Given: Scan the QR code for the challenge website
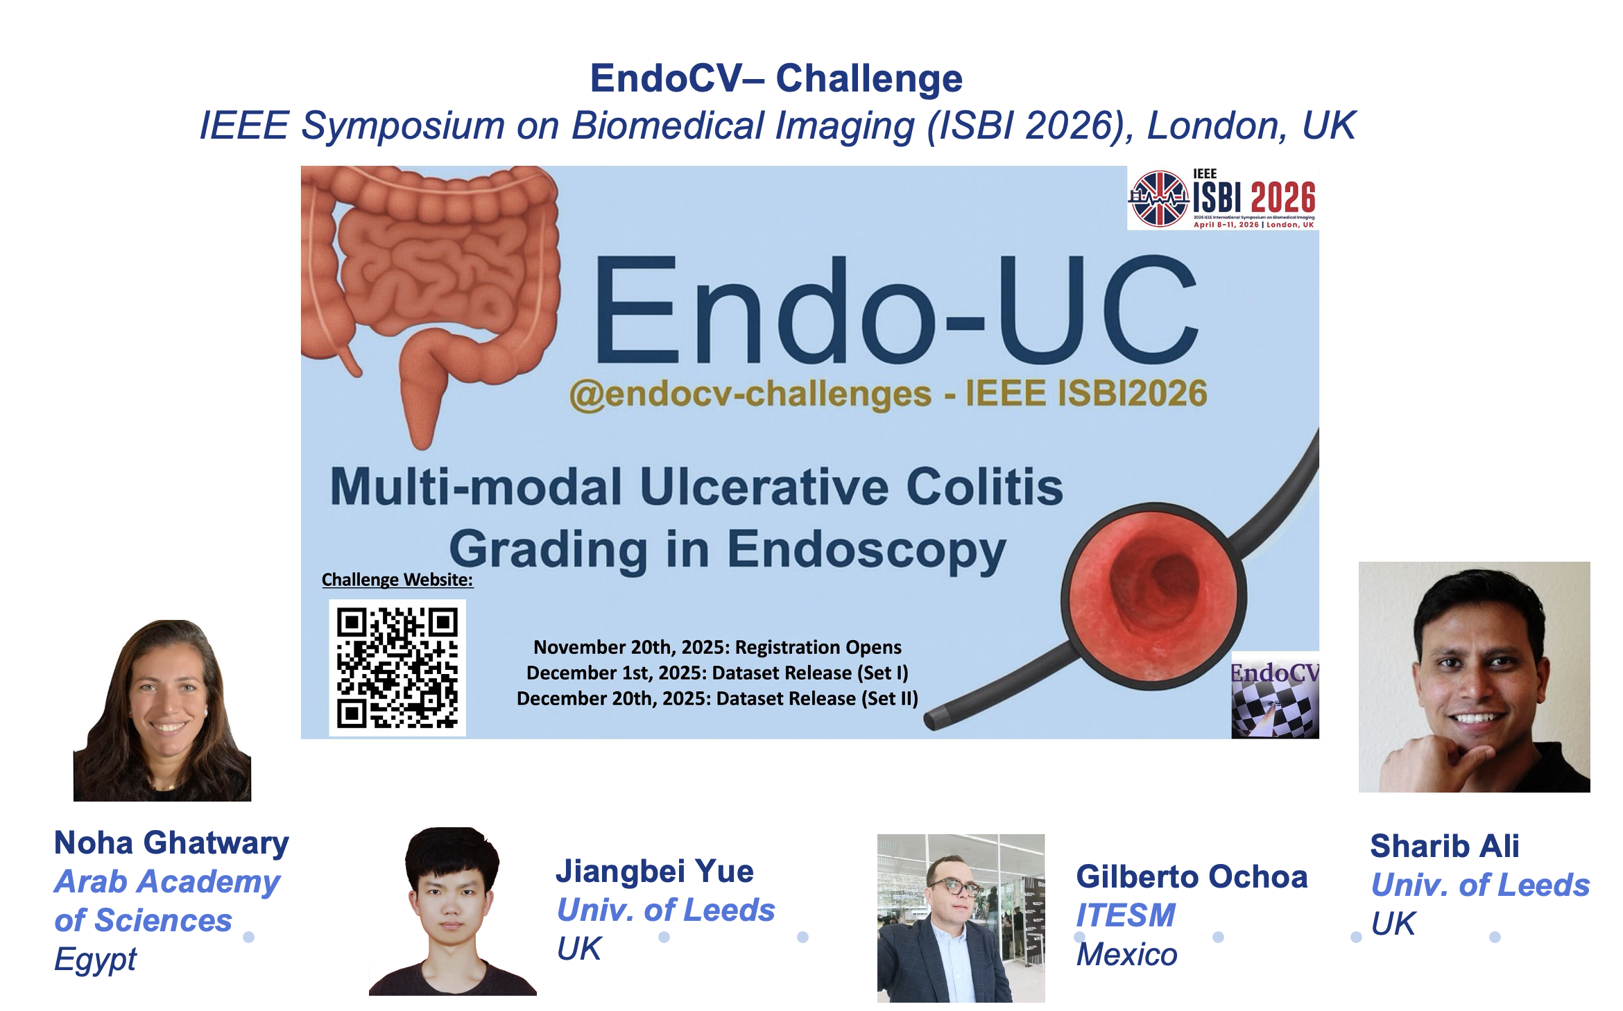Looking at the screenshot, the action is coord(397,668).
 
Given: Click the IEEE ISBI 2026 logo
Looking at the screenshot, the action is coord(1223,198).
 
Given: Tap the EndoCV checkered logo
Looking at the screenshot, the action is coord(1275,695).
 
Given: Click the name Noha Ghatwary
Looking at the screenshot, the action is coord(171,843).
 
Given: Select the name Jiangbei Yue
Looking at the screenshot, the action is coord(655,871).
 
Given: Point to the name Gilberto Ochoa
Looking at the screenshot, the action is coord(1192,876).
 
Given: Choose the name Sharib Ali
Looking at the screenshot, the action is coord(1445,846).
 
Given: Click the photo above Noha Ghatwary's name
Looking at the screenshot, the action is coord(162,711).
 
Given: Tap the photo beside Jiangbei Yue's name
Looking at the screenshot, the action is coord(453,911).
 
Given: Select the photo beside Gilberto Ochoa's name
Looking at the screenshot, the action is coord(961,918).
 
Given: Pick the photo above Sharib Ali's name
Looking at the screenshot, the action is coord(1475,677).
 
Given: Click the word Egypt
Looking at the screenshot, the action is coord(96,960).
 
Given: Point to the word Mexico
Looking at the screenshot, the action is coord(1127,955).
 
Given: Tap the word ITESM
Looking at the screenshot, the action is coord(1126,915).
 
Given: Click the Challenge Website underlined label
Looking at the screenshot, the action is coord(397,580).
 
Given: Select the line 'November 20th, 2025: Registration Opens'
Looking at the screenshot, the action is coord(717,647).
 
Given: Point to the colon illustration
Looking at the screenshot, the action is coord(430,291).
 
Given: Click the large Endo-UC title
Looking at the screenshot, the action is coord(896,309).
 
